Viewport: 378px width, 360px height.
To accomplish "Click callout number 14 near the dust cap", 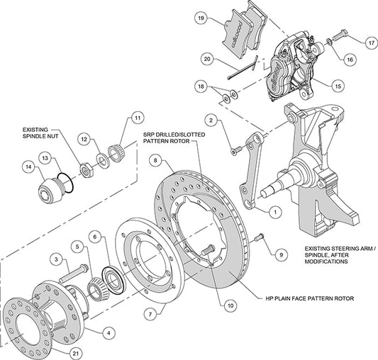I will [29, 167].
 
